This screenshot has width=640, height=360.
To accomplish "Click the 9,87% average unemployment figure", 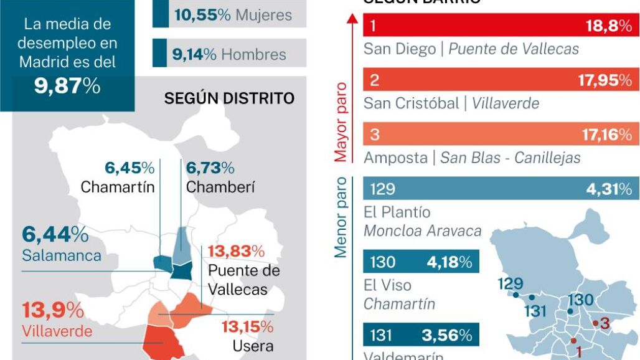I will coord(67,86).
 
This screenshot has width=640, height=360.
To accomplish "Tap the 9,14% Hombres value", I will coord(194,54).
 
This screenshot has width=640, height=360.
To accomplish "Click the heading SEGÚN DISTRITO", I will coord(229,98).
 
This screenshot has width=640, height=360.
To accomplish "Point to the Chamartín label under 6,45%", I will coord(118,186).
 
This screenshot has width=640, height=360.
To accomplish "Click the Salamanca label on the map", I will coord(61,256).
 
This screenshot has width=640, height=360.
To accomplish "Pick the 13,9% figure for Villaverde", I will coord(53,310).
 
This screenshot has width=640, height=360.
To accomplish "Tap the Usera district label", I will coord(253,346).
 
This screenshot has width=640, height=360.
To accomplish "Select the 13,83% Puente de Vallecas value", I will coord(236,252).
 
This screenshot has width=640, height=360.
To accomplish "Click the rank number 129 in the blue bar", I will coord(382,189).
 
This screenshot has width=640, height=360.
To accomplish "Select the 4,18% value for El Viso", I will coord(449,262).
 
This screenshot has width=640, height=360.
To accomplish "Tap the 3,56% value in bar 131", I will coord(446,335).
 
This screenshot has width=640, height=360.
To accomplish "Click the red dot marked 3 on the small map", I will coord(596,323).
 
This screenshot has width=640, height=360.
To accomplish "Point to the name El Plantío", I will coord(397,212).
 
